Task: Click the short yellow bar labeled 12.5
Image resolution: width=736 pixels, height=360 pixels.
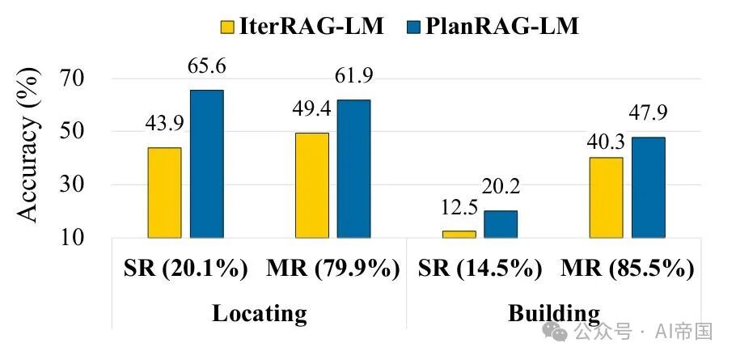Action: click(459, 234)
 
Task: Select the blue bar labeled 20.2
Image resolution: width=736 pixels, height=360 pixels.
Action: click(501, 224)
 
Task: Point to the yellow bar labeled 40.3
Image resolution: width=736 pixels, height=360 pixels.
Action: click(607, 197)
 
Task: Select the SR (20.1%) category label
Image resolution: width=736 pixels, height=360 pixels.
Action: click(188, 269)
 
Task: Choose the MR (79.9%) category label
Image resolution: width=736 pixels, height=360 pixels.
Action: click(332, 269)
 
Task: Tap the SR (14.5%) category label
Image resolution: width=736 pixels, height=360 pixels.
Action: click(480, 269)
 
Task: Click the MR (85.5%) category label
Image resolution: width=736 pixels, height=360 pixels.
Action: click(627, 269)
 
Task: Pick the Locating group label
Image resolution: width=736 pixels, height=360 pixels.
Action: click(260, 313)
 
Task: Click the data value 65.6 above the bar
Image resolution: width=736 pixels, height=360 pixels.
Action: click(208, 67)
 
